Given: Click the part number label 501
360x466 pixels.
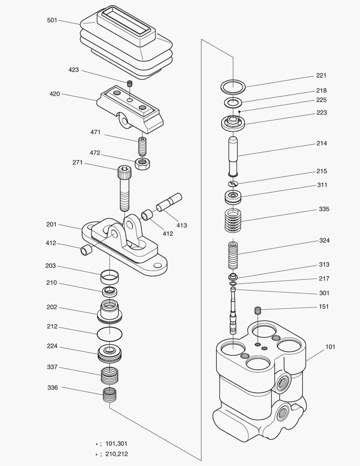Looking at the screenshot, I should (52, 20).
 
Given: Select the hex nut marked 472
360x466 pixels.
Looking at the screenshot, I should (142, 164).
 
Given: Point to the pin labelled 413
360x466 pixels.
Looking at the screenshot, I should (169, 202).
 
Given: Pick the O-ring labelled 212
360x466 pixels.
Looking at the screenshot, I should (110, 334).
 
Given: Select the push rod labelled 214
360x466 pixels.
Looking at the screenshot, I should (233, 155).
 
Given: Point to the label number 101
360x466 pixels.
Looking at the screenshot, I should (330, 346).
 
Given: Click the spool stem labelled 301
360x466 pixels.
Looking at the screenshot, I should (233, 311).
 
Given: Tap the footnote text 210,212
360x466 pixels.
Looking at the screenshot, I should (116, 454).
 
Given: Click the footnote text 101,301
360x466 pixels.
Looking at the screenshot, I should (116, 444).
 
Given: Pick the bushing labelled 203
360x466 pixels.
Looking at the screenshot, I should (110, 274).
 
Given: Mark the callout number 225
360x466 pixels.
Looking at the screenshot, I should (321, 100).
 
